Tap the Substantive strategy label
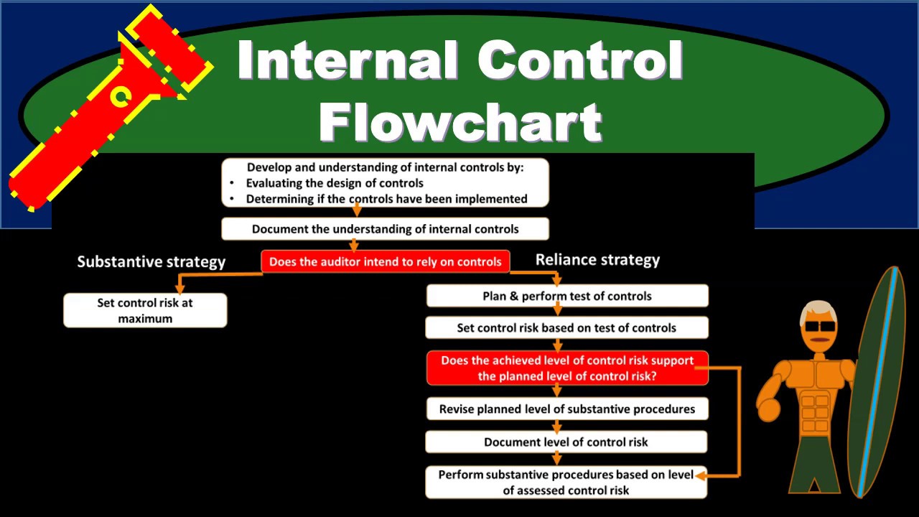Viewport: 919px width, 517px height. [x=151, y=261]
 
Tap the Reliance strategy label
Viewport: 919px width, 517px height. [x=597, y=260]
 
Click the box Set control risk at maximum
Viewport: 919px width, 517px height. [x=145, y=310]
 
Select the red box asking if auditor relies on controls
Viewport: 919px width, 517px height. [x=385, y=262]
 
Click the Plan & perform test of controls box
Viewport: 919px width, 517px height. [x=566, y=296]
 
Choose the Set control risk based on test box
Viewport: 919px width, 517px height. [x=566, y=327]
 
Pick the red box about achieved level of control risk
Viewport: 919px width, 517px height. [x=566, y=368]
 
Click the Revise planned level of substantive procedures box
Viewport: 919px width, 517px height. [x=566, y=409]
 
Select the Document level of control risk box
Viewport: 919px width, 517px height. [x=566, y=442]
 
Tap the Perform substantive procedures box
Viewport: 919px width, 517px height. [x=566, y=482]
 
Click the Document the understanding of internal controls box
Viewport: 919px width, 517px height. [x=385, y=229]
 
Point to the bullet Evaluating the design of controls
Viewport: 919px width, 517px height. [x=335, y=183]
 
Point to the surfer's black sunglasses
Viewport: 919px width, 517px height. [x=820, y=327]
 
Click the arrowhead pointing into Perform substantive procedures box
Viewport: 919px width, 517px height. [x=701, y=475]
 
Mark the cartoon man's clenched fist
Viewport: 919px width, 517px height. [x=768, y=410]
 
